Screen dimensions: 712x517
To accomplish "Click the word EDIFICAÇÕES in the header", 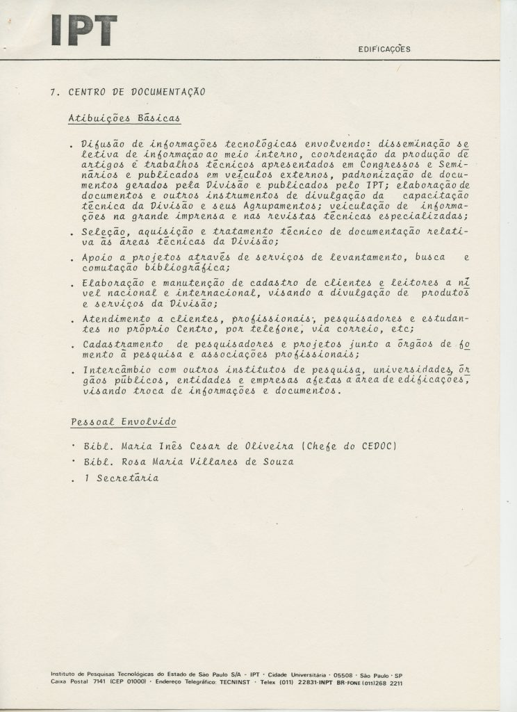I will [x=384, y=49].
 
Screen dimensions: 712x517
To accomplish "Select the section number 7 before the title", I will [x=53, y=92].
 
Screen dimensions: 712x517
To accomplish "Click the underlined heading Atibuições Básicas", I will [x=124, y=118].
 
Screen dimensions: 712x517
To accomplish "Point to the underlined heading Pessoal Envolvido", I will [x=124, y=422].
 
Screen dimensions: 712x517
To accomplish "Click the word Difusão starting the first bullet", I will [x=103, y=144].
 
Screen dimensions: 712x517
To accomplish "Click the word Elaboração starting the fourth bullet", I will [x=110, y=284].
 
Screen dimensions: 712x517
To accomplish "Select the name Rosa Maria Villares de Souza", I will [x=198, y=462].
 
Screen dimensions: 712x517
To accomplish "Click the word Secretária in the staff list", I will [x=127, y=478].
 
